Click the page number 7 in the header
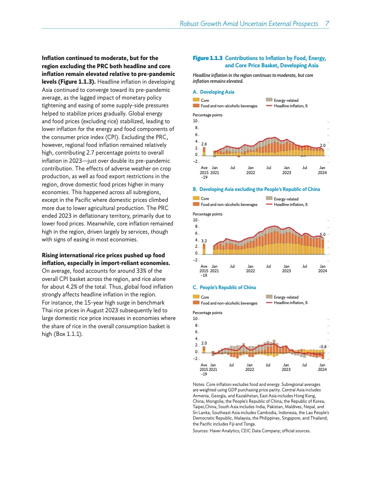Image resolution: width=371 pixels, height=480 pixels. pyautogui.click(x=327, y=23)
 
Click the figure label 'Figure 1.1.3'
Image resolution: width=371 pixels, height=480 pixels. pyautogui.click(x=208, y=59)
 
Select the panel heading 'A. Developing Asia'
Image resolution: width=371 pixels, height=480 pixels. pyautogui.click(x=214, y=92)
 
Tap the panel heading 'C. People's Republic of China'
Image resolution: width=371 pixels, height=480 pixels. pyautogui.click(x=224, y=287)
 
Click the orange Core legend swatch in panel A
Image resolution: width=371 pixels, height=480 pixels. pyautogui.click(x=196, y=100)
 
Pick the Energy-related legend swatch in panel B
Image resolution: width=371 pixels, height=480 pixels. pyautogui.click(x=269, y=199)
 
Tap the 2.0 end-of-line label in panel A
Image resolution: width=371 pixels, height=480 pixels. pyautogui.click(x=322, y=145)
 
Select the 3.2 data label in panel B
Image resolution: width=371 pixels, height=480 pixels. pyautogui.click(x=204, y=240)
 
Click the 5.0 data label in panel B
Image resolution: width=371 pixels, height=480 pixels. pyautogui.click(x=323, y=234)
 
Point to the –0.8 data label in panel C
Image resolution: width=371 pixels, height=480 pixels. pyautogui.click(x=323, y=346)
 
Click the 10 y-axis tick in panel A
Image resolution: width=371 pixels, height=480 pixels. pyautogui.click(x=195, y=121)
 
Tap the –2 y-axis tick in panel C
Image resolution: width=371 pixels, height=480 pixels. pyautogui.click(x=195, y=359)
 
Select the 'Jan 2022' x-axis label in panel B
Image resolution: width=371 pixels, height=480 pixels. pyautogui.click(x=250, y=268)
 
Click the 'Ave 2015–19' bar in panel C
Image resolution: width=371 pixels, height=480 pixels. pyautogui.click(x=204, y=350)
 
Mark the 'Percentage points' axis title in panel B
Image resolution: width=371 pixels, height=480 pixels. pyautogui.click(x=207, y=214)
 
